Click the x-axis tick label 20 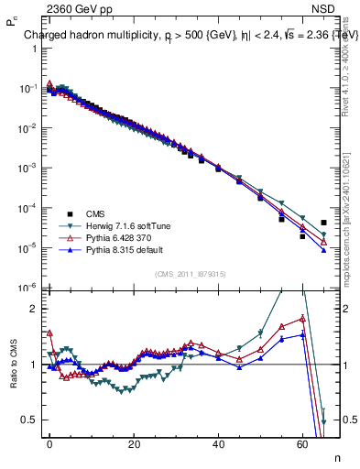pos(134,443)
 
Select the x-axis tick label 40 pos(218,443)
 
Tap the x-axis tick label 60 pos(302,443)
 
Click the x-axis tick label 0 pos(49,443)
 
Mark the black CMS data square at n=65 pos(323,223)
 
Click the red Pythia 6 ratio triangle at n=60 pos(302,319)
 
